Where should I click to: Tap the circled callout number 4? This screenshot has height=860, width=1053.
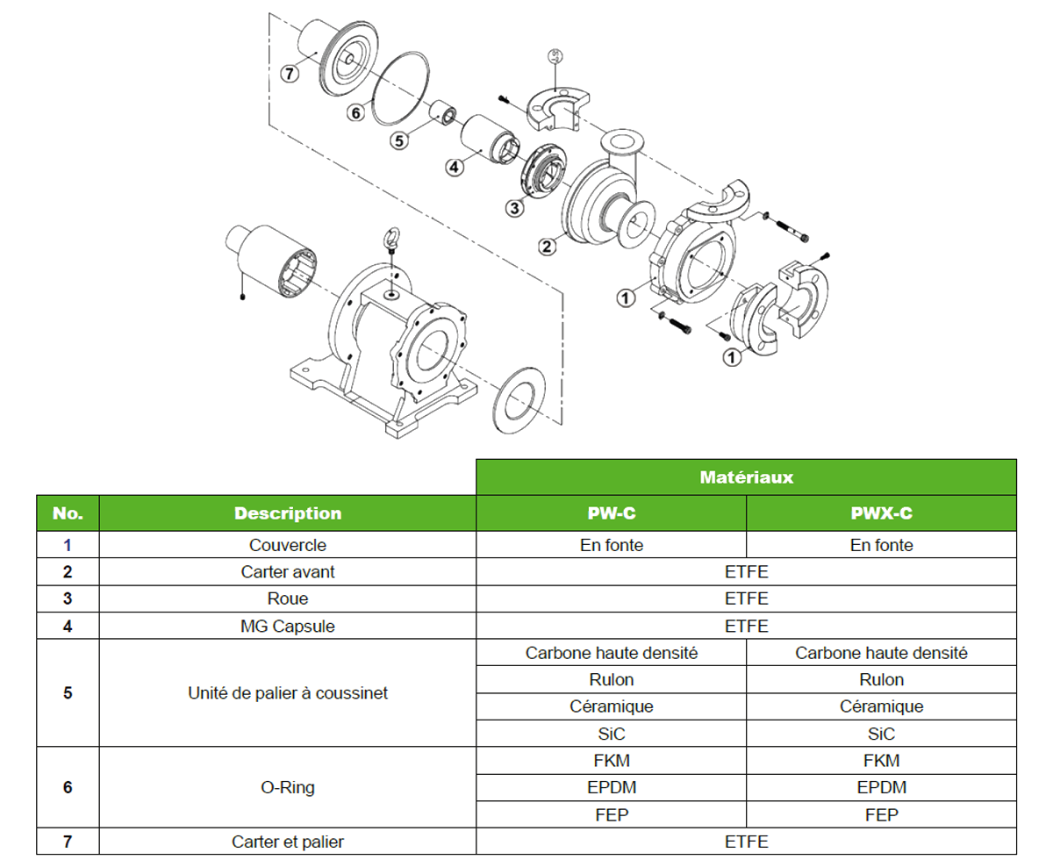[454, 168]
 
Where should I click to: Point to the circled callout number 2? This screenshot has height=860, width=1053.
[548, 247]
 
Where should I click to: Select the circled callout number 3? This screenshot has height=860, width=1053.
[515, 208]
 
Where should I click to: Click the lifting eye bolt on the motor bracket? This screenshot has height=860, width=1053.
[391, 239]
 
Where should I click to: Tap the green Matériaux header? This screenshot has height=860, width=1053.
[746, 477]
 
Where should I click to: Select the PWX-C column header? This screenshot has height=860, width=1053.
[881, 513]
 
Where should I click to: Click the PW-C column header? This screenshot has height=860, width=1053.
[611, 513]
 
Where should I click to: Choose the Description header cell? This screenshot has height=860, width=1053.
[287, 513]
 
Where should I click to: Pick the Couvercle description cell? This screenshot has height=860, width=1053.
[287, 545]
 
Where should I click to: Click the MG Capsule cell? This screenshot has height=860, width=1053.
[287, 627]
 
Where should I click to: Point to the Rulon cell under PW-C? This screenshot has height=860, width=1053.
[611, 680]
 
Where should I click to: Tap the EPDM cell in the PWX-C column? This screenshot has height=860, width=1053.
[881, 787]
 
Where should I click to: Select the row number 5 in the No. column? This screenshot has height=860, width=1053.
[68, 693]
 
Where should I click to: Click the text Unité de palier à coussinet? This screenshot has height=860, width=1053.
[287, 693]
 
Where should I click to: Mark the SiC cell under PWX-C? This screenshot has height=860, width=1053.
[881, 734]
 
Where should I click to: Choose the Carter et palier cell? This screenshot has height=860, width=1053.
[287, 842]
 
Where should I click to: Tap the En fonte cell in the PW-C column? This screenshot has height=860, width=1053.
[611, 545]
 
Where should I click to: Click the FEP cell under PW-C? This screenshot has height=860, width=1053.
[611, 815]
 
